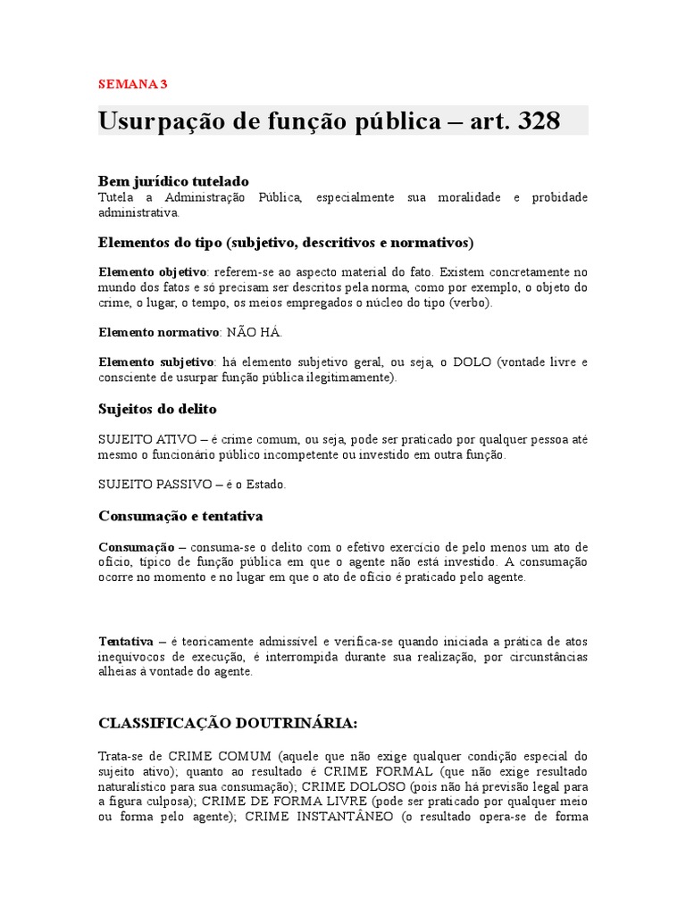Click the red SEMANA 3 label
coord(132,85)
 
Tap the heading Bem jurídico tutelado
coord(173,181)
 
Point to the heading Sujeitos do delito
coord(157,409)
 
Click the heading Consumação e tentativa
coord(180,516)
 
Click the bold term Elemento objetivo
coord(152,270)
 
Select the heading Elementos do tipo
coord(163,242)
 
